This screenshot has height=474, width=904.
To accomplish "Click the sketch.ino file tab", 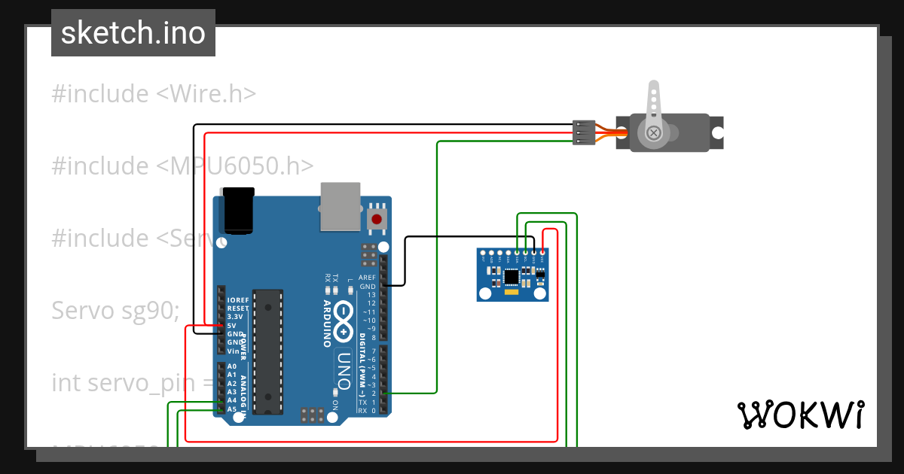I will point(133,33).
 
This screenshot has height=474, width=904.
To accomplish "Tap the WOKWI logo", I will point(799,415).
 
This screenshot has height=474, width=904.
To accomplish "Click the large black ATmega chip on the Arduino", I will point(267,351).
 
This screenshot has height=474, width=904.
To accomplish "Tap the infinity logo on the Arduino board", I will point(344,321).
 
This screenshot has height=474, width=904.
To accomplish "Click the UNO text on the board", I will point(344,369).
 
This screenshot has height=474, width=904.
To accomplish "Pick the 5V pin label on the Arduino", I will point(233,326).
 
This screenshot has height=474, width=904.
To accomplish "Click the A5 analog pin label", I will point(232,409).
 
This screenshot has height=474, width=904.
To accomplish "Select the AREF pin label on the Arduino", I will point(367,278).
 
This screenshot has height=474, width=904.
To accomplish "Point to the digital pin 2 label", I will point(374,393).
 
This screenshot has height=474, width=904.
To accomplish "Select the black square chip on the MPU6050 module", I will point(512,277).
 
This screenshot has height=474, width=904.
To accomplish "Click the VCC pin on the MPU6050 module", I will point(542,253).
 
